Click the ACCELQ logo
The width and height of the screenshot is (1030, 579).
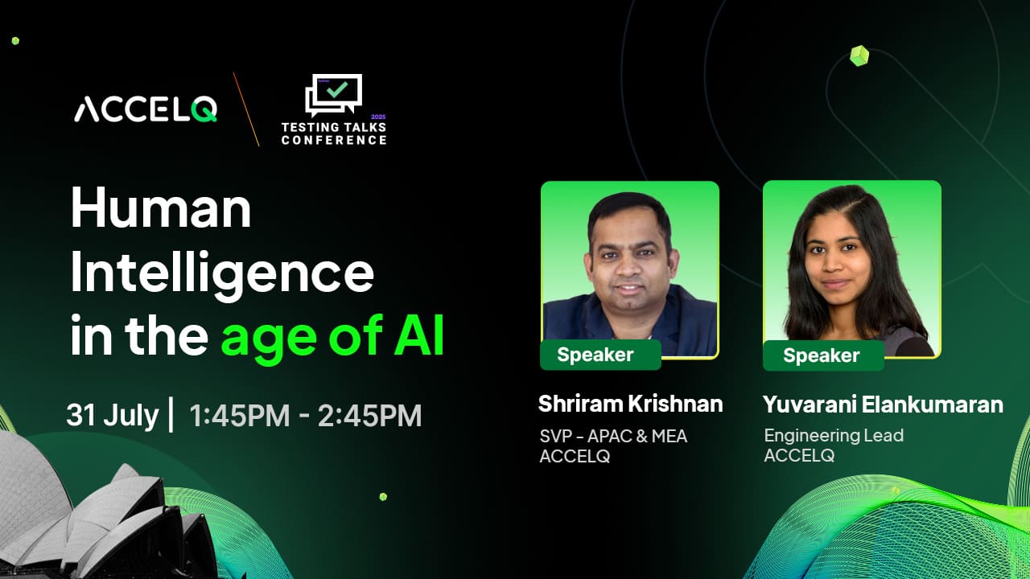[146, 109]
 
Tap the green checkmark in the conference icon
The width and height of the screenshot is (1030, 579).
[337, 88]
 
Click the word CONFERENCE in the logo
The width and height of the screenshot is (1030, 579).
[334, 140]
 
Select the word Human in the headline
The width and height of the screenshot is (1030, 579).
[161, 207]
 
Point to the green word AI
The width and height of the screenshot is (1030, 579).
[419, 335]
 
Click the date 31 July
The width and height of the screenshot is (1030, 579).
[113, 415]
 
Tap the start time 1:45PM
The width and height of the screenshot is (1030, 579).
[240, 416]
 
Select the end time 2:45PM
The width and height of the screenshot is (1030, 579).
[369, 416]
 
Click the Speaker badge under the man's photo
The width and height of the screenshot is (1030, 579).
[600, 355]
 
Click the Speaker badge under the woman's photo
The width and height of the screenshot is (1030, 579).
[823, 355]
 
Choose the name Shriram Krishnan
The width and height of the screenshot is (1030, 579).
[630, 404]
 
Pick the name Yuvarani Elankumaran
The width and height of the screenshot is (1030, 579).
[883, 404]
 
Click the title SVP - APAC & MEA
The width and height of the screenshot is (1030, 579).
[613, 436]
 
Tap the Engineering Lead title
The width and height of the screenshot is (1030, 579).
[834, 435]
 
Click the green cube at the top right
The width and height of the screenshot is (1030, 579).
[859, 56]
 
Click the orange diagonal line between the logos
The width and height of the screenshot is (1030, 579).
[246, 109]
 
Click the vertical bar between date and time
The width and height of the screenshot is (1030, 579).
[171, 414]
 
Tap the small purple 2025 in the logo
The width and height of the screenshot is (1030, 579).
[378, 117]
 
